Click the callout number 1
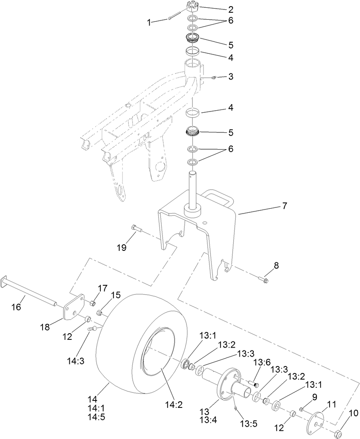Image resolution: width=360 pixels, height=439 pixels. (149, 23)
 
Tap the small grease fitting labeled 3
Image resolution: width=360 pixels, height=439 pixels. (214, 77)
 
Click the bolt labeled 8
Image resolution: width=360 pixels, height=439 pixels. (263, 281)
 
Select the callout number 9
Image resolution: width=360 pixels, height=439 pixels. (315, 397)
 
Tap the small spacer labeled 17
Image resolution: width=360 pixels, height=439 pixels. (93, 303)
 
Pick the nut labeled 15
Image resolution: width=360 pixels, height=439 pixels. (100, 313)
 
